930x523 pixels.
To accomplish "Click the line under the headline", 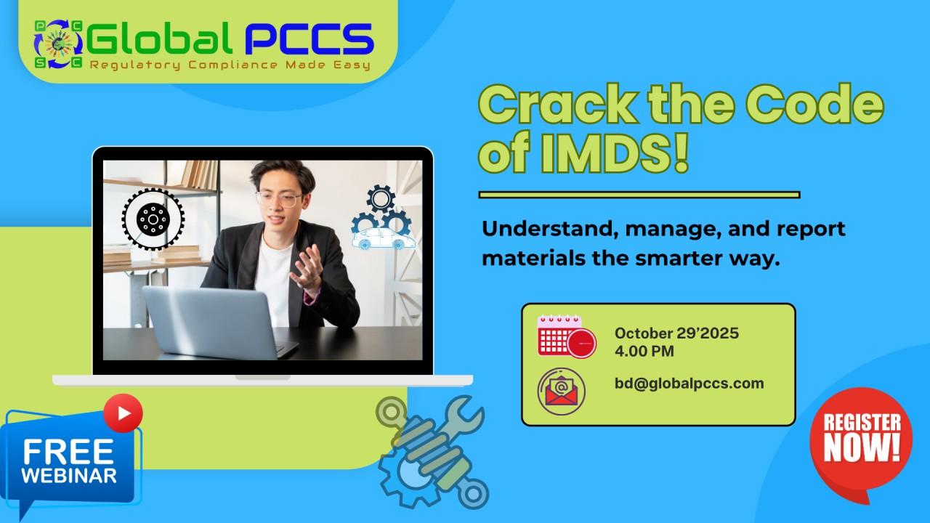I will click(x=639, y=195).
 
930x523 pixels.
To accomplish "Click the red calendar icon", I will click(x=566, y=336).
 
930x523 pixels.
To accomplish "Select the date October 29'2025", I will click(x=676, y=333).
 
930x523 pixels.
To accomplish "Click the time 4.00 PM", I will click(x=644, y=352).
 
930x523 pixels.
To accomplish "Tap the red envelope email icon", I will click(x=561, y=391).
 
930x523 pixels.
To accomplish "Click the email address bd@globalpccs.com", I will click(x=689, y=384).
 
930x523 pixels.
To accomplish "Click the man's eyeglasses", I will click(x=278, y=199).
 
